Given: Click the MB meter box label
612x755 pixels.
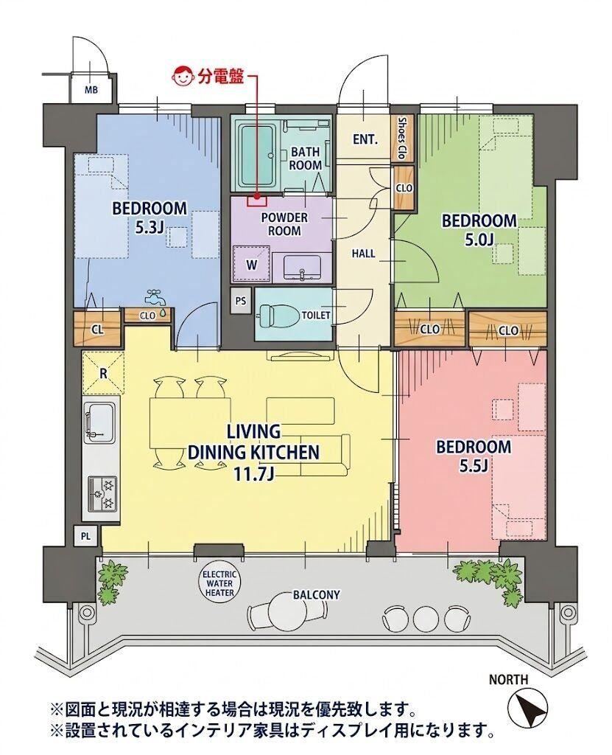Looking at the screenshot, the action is click(x=91, y=89).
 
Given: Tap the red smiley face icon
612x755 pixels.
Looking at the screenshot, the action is click(x=183, y=77).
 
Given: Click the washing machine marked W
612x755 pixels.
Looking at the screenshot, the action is click(x=250, y=263).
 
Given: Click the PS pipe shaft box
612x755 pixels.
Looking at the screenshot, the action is click(x=241, y=302).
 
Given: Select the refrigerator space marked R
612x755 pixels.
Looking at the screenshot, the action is click(x=103, y=373).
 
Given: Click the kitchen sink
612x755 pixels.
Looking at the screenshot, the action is click(x=100, y=422).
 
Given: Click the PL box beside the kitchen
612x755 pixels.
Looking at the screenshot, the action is click(x=85, y=535).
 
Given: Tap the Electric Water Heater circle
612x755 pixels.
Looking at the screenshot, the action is click(x=220, y=583).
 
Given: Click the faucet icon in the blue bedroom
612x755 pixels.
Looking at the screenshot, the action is click(x=156, y=297).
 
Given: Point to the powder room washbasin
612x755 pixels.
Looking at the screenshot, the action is click(x=302, y=267).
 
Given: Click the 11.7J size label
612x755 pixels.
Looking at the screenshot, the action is click(x=253, y=475).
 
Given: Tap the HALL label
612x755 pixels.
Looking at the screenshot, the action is click(x=363, y=254).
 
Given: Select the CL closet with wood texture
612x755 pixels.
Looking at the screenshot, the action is click(x=97, y=330).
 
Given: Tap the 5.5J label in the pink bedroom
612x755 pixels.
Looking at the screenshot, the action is click(x=474, y=466).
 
